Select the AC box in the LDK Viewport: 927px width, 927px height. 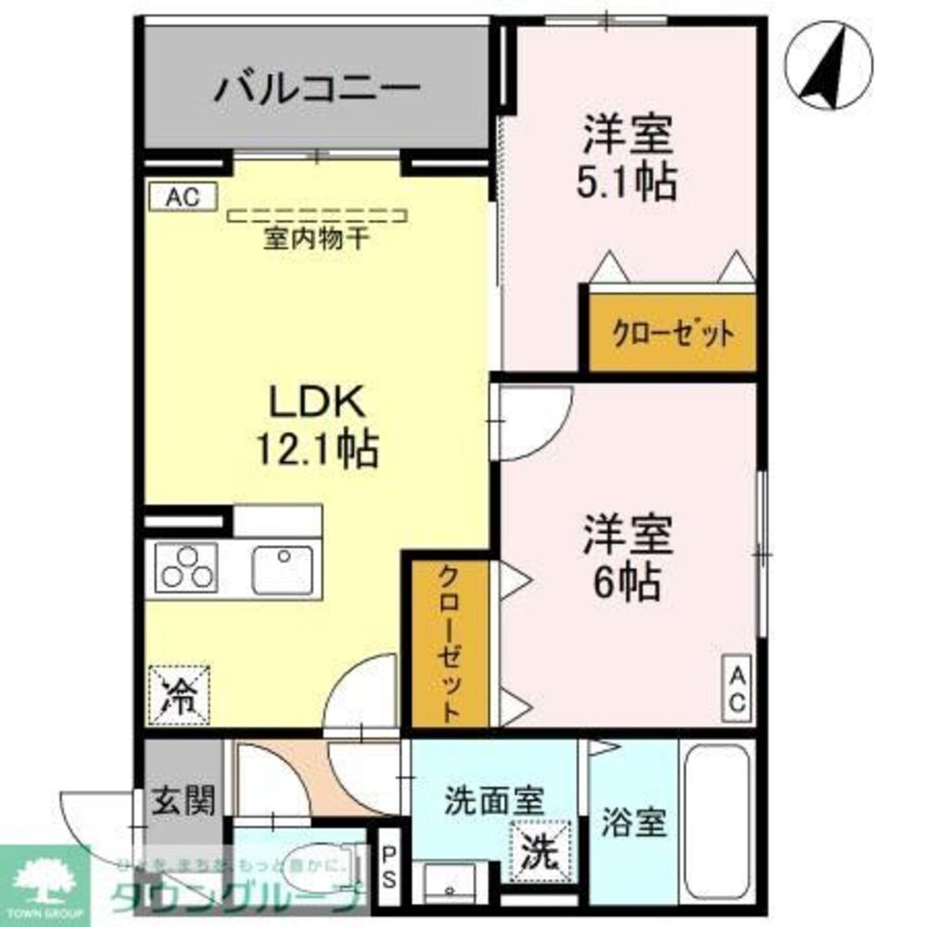pyautogui.click(x=182, y=197)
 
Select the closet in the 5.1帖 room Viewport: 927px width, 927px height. pyautogui.click(x=672, y=333)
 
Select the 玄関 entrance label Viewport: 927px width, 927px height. pyautogui.click(x=184, y=799)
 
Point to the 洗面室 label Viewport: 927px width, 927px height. pyautogui.click(x=493, y=800)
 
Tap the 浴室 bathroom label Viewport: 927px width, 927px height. pyautogui.click(x=634, y=823)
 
